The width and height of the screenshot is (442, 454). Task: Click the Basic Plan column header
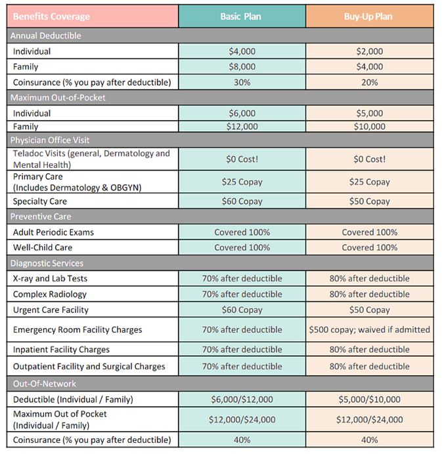pos(242,16)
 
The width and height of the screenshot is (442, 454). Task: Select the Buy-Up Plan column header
pos(369,16)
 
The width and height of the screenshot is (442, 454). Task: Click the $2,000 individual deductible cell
pos(369,51)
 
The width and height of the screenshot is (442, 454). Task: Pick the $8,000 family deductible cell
pos(242,67)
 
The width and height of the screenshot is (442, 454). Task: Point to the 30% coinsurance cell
pos(242,83)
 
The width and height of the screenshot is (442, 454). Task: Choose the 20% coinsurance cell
pos(369,83)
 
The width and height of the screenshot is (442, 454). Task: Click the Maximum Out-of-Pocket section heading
pos(58,98)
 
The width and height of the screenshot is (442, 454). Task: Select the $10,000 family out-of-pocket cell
pos(369,127)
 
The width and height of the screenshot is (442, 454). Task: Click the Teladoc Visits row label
pos(91,159)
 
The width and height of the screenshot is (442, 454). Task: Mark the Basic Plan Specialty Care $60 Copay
pos(242,201)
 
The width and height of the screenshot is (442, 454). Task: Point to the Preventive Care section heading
pos(41,217)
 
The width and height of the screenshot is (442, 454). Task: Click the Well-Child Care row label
pos(43,247)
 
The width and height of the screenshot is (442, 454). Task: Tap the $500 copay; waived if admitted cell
pos(369,330)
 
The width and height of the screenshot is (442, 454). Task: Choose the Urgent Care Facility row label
pos(51,310)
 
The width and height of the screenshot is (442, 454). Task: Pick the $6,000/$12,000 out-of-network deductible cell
pos(242,400)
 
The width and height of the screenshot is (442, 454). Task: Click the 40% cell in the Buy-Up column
pos(369,440)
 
